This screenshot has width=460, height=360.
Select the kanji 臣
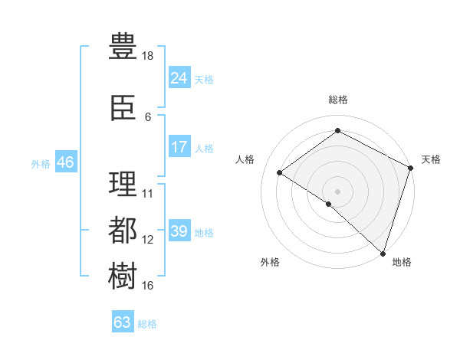[123, 108]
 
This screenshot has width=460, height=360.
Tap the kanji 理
[123, 184]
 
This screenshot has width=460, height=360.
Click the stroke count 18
[149, 56]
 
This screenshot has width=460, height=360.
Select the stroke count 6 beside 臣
[148, 117]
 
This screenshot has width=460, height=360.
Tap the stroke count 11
[148, 193]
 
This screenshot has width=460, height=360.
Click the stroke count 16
[148, 286]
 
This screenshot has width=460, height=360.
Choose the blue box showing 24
[179, 77]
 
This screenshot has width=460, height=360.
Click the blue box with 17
[179, 147]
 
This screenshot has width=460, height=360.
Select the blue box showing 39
[179, 231]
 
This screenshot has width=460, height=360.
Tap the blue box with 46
[65, 162]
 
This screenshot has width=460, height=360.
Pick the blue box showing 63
[123, 322]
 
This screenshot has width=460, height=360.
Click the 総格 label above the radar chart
[337, 100]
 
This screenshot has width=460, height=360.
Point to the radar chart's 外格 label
[270, 262]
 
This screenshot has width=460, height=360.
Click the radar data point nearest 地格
[383, 253]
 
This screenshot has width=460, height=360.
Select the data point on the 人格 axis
[280, 172]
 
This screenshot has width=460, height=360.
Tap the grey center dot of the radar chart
[337, 191]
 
